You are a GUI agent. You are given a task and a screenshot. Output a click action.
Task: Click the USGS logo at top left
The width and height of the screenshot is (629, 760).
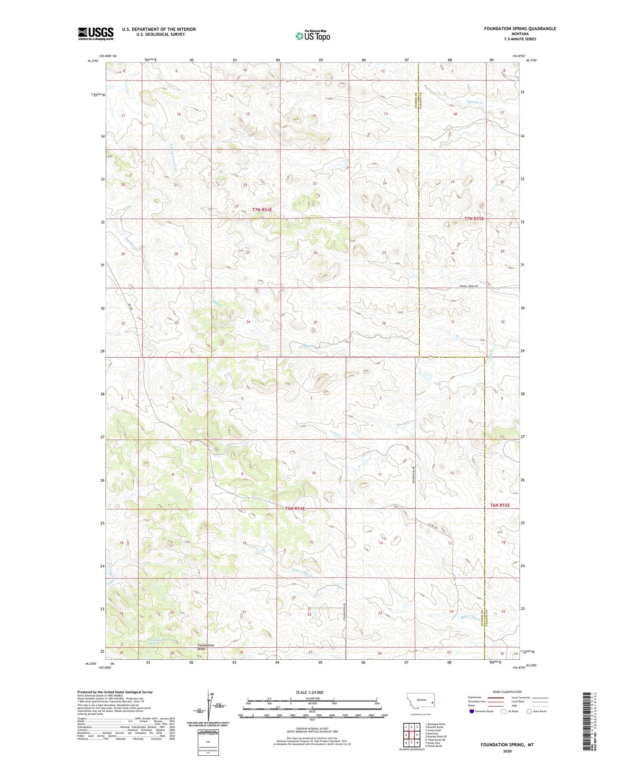(96, 34)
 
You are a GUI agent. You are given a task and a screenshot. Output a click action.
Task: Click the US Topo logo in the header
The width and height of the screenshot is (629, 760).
(312, 36)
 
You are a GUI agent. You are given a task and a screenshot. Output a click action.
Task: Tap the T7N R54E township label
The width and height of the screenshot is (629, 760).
(265, 210)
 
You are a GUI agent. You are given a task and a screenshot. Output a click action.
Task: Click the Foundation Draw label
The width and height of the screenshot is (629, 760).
(205, 647)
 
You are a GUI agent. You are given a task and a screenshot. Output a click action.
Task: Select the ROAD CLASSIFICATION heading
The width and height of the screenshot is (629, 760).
(507, 692)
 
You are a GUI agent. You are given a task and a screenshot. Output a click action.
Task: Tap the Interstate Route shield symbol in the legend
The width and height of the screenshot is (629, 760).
(471, 711)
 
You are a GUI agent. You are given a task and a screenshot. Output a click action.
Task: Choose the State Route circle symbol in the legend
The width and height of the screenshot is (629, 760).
(529, 711)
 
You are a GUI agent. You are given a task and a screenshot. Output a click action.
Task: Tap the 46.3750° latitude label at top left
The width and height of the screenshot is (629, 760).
(93, 61)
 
